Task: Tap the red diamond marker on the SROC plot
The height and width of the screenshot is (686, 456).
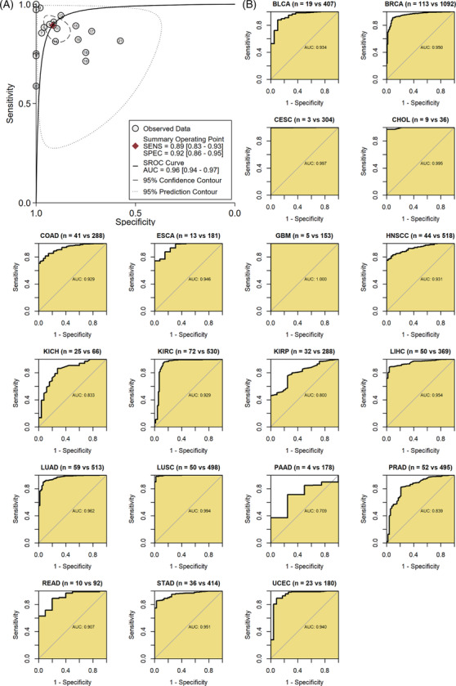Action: [x=53, y=25]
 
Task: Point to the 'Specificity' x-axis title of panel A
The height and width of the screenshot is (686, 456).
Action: [x=134, y=221]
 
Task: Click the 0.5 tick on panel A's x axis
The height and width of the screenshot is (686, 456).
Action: [x=135, y=212]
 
